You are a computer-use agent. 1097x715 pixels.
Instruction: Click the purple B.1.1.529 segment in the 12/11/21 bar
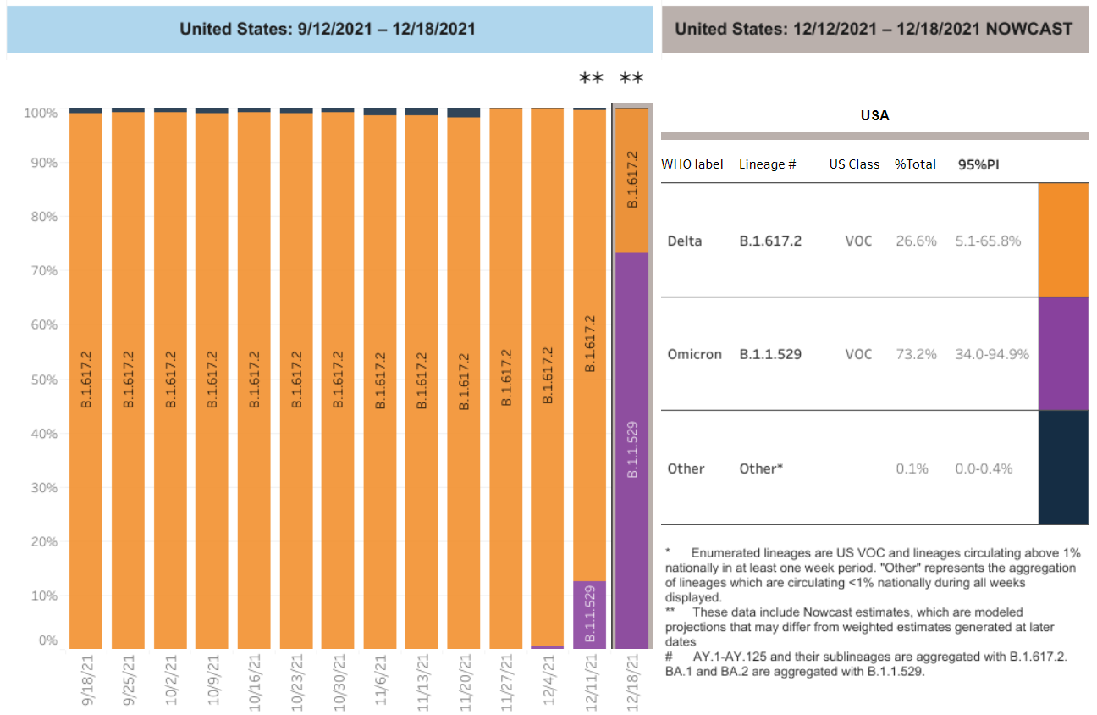tap(589, 614)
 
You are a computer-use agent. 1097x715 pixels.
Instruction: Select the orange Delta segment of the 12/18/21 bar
tap(631, 180)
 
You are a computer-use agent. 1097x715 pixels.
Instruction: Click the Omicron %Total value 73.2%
tap(916, 354)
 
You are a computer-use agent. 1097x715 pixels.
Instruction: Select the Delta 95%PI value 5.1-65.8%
tap(988, 241)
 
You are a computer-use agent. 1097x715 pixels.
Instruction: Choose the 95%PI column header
tap(978, 164)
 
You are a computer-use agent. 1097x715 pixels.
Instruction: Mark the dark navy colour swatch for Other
tap(1063, 468)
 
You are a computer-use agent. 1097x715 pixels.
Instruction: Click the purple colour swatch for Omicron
tap(1063, 353)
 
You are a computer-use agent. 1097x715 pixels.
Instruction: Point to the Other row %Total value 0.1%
tap(912, 468)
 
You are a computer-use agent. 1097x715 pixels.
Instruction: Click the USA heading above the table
tap(874, 115)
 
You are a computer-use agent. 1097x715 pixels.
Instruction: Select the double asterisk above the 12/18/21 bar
tap(631, 80)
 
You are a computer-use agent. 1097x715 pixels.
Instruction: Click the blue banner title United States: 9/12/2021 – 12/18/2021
tap(328, 29)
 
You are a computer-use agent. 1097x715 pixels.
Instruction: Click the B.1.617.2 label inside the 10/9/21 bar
tap(212, 380)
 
